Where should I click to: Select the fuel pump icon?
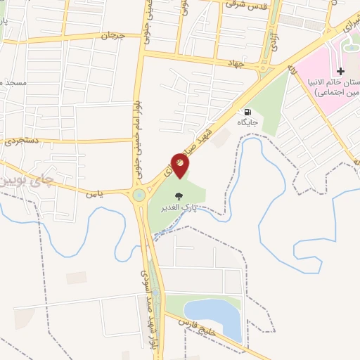pyautogui.click(x=247, y=112)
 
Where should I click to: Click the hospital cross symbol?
pyautogui.click(x=341, y=71)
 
